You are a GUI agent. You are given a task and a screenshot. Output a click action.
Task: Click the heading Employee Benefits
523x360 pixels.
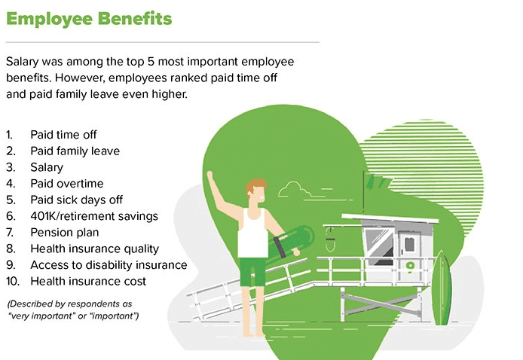point(89,19)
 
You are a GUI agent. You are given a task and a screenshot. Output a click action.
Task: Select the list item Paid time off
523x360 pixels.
point(63,135)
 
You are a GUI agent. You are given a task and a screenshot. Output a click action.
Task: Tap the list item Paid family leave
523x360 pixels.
point(75,151)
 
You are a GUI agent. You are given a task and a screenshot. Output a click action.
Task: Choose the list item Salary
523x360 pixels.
point(47,167)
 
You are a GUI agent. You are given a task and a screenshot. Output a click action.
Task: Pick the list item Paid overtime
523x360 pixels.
point(67,184)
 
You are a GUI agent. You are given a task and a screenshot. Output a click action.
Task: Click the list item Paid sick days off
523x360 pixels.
point(77,200)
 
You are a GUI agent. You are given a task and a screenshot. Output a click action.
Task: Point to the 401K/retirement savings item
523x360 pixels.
point(94,216)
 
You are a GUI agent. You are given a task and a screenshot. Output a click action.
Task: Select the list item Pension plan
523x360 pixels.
point(65,233)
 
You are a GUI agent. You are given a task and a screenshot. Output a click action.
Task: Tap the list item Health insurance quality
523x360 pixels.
point(95,249)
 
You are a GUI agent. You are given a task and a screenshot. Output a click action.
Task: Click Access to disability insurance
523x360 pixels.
point(109,265)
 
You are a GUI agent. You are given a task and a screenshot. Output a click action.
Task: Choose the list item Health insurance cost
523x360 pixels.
point(88,282)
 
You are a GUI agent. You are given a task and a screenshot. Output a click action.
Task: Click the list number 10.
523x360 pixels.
point(13,282)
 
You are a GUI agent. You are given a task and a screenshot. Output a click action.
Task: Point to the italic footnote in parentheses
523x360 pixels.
point(73,310)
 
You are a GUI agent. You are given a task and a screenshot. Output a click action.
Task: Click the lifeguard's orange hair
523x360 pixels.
point(255,186)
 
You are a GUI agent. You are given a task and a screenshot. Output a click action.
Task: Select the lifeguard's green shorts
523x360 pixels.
point(252,270)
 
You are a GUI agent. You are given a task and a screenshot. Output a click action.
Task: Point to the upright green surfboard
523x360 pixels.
point(442,288)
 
